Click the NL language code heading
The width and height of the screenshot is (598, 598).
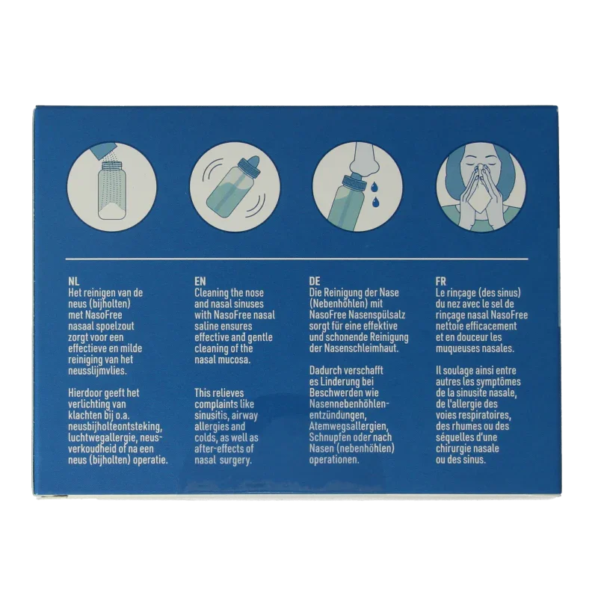tap(73, 282)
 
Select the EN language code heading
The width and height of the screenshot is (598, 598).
tap(200, 282)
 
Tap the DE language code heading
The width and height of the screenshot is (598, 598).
tap(315, 282)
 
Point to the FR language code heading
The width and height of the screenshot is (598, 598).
tap(441, 282)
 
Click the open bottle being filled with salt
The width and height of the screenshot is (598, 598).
tap(111, 190)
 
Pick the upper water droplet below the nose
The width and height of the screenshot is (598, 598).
tap(372, 186)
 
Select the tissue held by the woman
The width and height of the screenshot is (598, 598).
tap(479, 201)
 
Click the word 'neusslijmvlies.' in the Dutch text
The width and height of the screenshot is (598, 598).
tap(97, 371)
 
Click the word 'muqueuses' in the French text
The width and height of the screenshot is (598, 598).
tap(456, 349)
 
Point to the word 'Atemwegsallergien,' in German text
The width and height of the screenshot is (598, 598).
tap(348, 426)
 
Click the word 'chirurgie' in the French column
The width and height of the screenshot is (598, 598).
tap(454, 449)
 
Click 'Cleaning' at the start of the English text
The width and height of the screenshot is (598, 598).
tap(212, 293)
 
